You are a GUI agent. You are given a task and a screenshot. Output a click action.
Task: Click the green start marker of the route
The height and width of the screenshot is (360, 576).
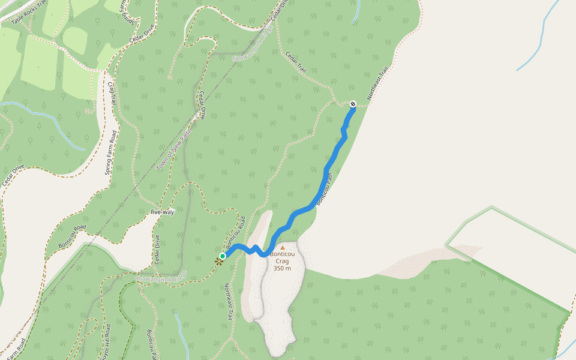[223, 256]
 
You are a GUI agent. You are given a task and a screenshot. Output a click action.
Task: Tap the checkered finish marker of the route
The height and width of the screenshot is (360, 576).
[352, 104]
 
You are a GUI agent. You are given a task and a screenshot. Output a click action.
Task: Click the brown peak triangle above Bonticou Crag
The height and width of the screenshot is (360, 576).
[283, 247]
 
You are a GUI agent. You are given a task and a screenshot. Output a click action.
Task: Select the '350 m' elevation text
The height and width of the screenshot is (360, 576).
[282, 268]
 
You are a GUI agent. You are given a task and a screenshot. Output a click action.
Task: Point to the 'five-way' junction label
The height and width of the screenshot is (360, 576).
[162, 212]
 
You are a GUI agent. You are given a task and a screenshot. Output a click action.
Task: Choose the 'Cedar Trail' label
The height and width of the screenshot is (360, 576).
[296, 62]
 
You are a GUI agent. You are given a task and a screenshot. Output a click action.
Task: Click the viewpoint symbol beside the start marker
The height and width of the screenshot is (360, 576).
[218, 261]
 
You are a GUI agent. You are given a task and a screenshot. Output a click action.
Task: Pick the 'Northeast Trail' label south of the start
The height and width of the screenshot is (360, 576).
[228, 301]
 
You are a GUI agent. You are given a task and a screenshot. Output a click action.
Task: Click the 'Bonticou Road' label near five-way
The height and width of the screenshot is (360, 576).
[72, 236]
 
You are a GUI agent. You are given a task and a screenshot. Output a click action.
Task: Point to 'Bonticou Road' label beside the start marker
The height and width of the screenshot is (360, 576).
[236, 230]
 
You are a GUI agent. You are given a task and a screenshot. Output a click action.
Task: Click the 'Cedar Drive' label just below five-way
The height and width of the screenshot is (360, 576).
[158, 249]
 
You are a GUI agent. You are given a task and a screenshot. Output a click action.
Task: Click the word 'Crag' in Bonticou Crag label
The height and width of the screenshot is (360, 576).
[282, 261]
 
